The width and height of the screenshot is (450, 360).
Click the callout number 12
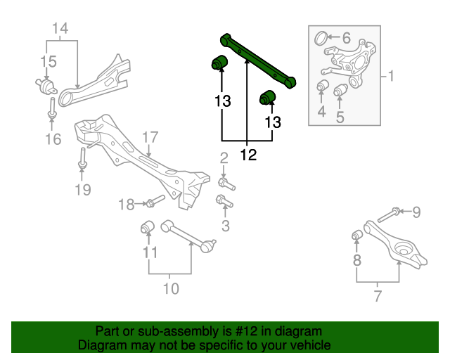click(x=248, y=154)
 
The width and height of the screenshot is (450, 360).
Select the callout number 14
click(x=60, y=29)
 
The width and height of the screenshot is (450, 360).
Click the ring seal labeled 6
click(x=321, y=37)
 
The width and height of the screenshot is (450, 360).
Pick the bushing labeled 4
click(x=323, y=87)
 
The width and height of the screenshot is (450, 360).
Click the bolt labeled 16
click(x=53, y=106)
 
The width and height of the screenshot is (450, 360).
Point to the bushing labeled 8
click(x=356, y=233)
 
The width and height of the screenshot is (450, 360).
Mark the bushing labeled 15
click(x=48, y=86)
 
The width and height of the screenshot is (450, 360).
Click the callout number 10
click(x=171, y=288)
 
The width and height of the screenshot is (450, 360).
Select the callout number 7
click(x=378, y=296)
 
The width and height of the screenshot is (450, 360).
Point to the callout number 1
click(x=391, y=75)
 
